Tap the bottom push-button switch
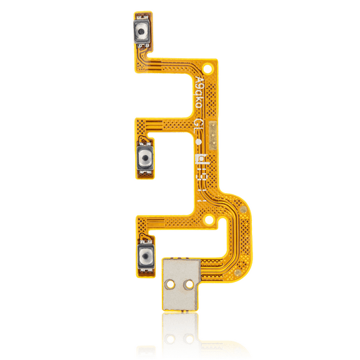[144, 256]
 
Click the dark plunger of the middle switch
[144, 158]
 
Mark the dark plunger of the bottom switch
[144, 256]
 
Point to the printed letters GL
[199, 124]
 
